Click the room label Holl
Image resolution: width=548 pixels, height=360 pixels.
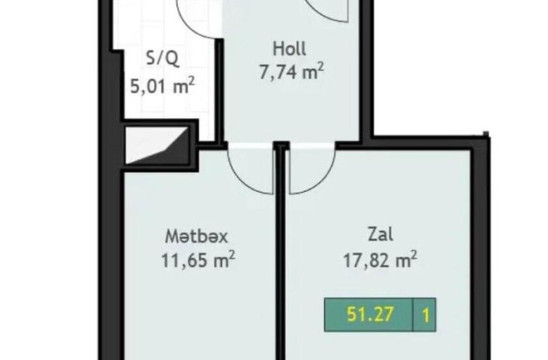pyautogui.click(x=289, y=49)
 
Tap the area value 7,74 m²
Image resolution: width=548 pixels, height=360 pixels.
pyautogui.click(x=291, y=71)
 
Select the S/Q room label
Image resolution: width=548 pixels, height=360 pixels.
pyautogui.click(x=162, y=58)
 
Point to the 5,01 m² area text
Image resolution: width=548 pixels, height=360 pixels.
pyautogui.click(x=162, y=86)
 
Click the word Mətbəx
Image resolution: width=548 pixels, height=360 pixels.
pyautogui.click(x=196, y=236)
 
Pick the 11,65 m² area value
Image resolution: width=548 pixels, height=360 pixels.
pyautogui.click(x=198, y=259)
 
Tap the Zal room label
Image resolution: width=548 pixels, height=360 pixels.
pyautogui.click(x=381, y=234)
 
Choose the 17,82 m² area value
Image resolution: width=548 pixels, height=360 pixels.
pyautogui.click(x=380, y=259)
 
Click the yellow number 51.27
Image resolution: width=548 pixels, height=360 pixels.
pyautogui.click(x=370, y=314)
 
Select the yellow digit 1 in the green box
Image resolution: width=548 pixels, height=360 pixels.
pyautogui.click(x=426, y=315)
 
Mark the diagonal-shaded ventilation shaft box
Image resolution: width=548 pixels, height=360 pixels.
pyautogui.click(x=157, y=145)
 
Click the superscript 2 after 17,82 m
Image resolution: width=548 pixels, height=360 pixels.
pyautogui.click(x=414, y=254)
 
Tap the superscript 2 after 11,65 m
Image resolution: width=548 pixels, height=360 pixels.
pyautogui.click(x=232, y=254)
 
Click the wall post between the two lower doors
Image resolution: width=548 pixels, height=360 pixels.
pyautogui.click(x=281, y=145)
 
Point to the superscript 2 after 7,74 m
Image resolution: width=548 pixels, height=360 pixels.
pyautogui.click(x=321, y=67)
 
